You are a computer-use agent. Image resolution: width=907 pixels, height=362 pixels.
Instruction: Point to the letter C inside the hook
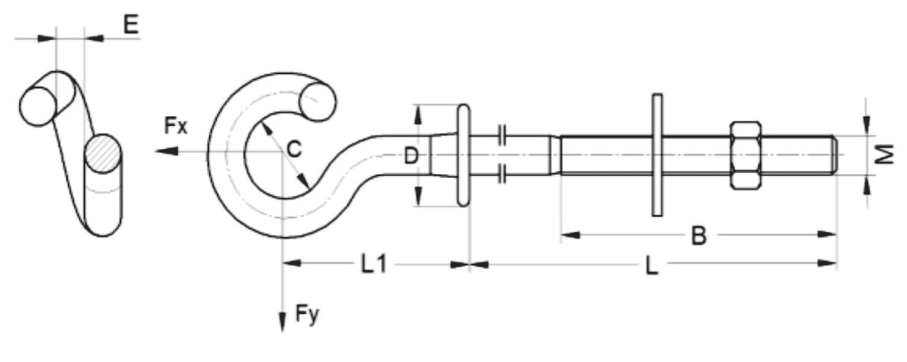[x=293, y=149]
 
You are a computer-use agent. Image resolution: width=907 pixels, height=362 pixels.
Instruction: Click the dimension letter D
[x=410, y=156]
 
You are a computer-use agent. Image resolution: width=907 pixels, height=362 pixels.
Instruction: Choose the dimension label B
[x=698, y=236]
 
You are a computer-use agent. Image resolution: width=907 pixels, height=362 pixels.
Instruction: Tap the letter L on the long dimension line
[x=651, y=266]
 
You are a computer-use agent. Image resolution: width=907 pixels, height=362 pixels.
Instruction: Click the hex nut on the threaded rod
[x=745, y=155]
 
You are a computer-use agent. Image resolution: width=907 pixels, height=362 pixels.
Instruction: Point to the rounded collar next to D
[x=462, y=155]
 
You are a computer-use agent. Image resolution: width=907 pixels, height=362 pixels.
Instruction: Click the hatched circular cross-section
[x=104, y=154]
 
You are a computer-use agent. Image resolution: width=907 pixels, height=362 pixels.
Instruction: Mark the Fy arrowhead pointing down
[x=281, y=323]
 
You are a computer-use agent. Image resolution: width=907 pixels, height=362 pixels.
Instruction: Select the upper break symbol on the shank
[x=502, y=133]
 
